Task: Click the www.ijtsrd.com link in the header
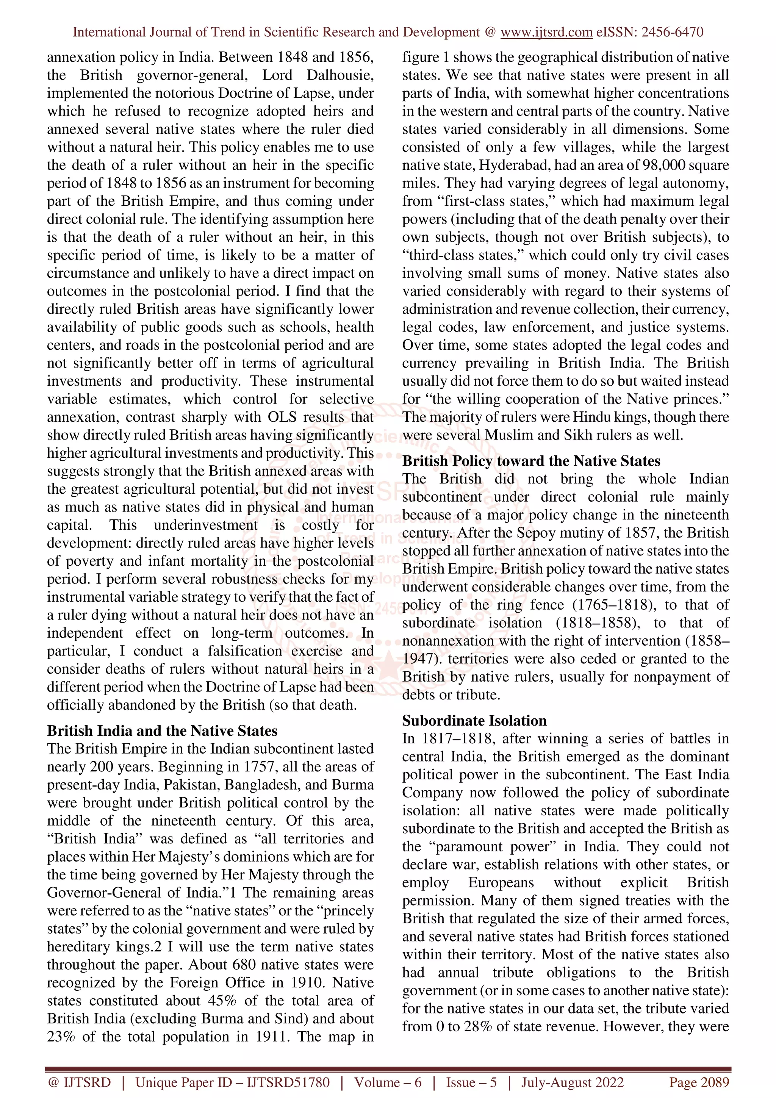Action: (x=546, y=32)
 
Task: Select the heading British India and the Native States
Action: (x=162, y=731)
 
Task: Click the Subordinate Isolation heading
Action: (x=474, y=720)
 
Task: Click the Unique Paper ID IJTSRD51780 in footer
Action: (x=232, y=1082)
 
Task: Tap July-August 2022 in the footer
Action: (x=572, y=1082)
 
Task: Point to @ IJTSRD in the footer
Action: (x=79, y=1082)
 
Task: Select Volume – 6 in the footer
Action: (x=388, y=1082)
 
